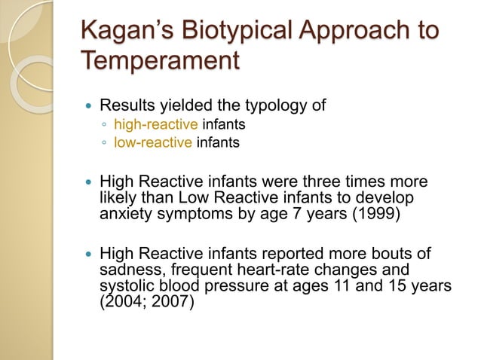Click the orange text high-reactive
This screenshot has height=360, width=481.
tap(155, 123)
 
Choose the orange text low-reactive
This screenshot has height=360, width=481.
tap(153, 141)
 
